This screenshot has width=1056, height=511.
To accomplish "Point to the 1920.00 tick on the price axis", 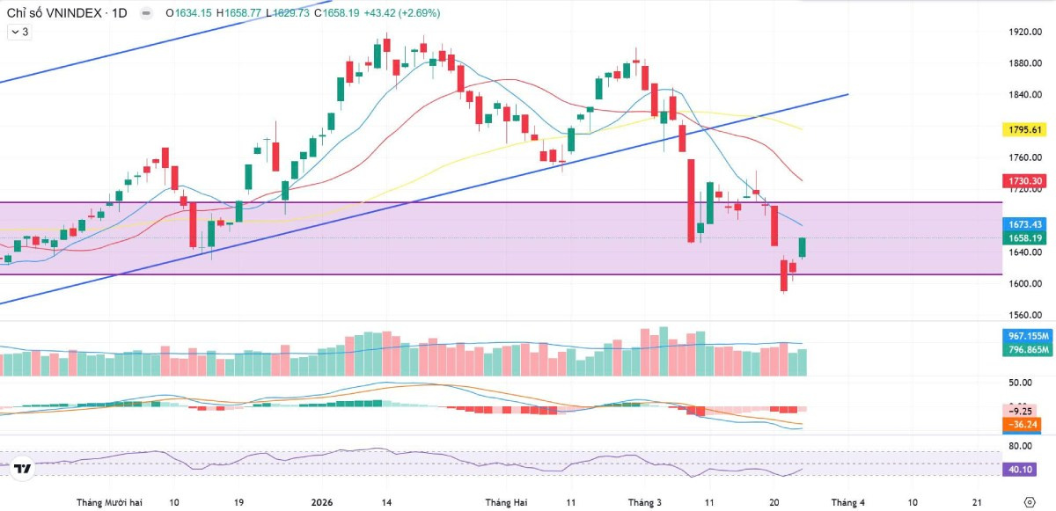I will coord(1025,32).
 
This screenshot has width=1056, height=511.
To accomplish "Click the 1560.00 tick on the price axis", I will coord(1025,315).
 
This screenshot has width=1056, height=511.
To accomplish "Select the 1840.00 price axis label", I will coord(1025,95).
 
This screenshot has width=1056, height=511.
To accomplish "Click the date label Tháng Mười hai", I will coord(109,502).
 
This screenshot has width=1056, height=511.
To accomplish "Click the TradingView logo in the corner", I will coord(24,470).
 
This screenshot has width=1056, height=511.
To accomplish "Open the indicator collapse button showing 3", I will coord(19,32).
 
